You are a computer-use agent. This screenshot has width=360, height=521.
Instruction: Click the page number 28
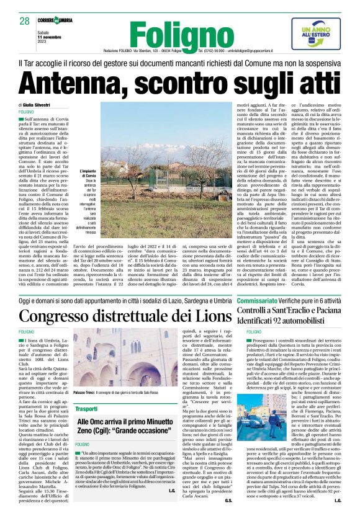pos(24,21)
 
